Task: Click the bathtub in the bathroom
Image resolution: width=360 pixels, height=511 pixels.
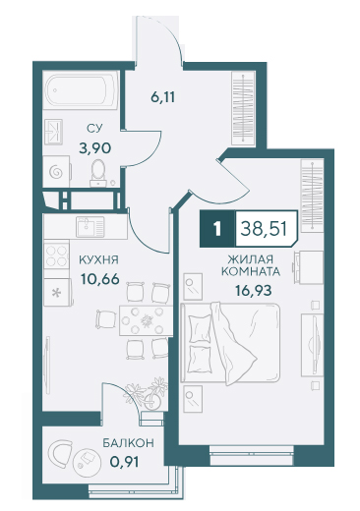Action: pos(81,89)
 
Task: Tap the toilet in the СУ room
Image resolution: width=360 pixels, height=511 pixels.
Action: pos(98,173)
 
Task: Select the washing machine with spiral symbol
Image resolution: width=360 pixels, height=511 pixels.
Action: pos(56,171)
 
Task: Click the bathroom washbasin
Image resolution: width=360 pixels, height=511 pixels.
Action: pos(53,132)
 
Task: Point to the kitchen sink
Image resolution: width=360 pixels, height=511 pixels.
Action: pos(90,226)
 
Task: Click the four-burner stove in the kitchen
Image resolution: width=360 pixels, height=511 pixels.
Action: pos(56,255)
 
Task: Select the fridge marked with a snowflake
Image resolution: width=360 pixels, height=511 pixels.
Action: pos(57,292)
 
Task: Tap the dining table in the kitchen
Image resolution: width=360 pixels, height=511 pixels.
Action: pos(146,320)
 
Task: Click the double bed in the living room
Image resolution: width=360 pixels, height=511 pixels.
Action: pos(230,343)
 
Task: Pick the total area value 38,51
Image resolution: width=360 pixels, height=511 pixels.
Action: pos(264,229)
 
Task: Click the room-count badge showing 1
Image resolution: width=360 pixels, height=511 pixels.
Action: pos(216,229)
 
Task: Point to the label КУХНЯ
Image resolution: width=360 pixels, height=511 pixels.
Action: pos(98,260)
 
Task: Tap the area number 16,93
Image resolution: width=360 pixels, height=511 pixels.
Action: pos(253,290)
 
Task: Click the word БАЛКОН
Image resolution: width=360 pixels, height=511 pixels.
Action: pos(128,443)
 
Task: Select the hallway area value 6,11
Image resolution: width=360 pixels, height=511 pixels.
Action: pos(162,97)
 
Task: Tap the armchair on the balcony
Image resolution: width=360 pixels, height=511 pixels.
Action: pos(61,454)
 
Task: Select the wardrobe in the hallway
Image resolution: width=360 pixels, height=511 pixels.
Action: pos(243,108)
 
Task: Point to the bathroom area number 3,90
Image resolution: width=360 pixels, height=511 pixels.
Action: pos(94,148)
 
